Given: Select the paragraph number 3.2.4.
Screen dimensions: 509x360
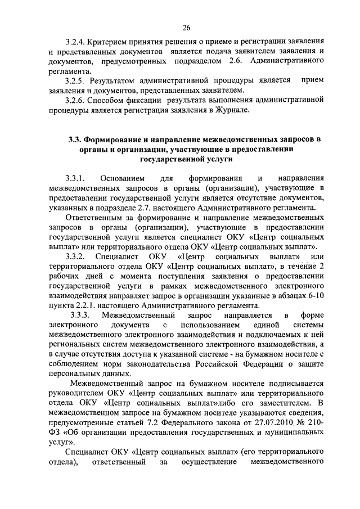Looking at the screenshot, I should (76, 42).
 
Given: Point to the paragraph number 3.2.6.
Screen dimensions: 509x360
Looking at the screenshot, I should (76, 100).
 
